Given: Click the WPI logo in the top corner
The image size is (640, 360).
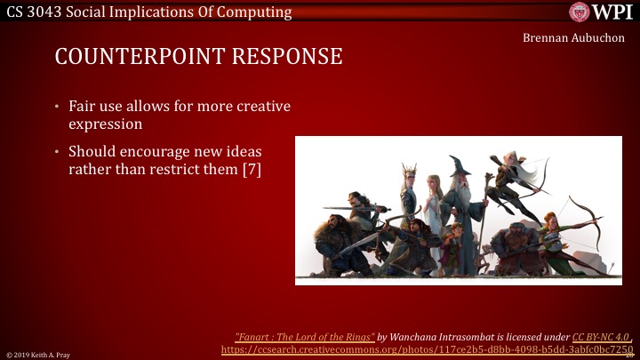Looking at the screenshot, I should tap(601, 12).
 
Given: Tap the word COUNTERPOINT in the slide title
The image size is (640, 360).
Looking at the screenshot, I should tap(133, 57).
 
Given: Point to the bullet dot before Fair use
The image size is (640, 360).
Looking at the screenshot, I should tap(59, 107).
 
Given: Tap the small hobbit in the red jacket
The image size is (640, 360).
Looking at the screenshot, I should tap(455, 244).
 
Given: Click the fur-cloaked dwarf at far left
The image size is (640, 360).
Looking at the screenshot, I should tap(333, 244).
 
